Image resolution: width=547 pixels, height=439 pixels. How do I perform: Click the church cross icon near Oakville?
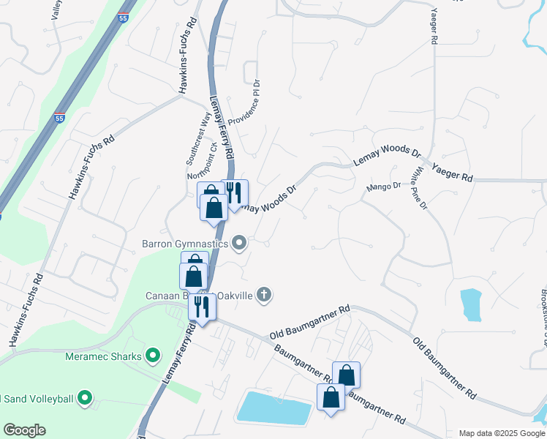[264, 295]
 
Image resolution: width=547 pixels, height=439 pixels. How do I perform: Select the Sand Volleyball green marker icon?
[86, 399]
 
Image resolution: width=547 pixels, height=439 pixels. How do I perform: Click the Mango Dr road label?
[384, 187]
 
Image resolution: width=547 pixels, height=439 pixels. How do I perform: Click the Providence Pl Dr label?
[245, 109]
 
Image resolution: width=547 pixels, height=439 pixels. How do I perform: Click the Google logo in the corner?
[24, 430]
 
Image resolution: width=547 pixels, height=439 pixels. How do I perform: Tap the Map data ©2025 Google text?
[502, 433]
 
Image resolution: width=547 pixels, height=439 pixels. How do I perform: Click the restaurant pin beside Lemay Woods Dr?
[234, 193]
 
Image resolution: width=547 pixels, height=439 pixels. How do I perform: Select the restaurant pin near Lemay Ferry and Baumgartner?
[202, 307]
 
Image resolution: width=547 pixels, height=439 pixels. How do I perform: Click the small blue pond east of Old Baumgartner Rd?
[472, 304]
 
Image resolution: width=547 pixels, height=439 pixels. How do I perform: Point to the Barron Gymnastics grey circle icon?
[239, 244]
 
